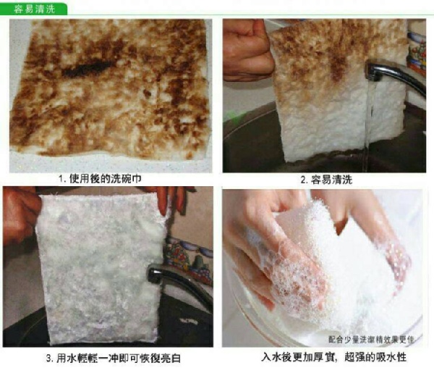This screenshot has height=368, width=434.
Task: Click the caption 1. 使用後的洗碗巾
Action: pyautogui.click(x=100, y=179)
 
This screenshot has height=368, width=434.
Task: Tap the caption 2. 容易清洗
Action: pyautogui.click(x=326, y=180)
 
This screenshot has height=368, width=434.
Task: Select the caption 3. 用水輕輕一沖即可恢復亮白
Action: pyautogui.click(x=114, y=358)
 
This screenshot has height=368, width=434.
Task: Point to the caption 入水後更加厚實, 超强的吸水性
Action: pyautogui.click(x=333, y=357)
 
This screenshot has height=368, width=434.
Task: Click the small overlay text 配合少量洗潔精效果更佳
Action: pyautogui.click(x=371, y=340)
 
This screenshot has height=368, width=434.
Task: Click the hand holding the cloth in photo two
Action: pyautogui.click(x=248, y=50)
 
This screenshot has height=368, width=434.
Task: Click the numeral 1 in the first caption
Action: pyautogui.click(x=61, y=179)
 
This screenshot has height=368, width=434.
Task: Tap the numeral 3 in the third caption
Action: pyautogui.click(x=48, y=359)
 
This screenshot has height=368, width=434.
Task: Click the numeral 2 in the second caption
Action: pyautogui.click(x=304, y=180)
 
